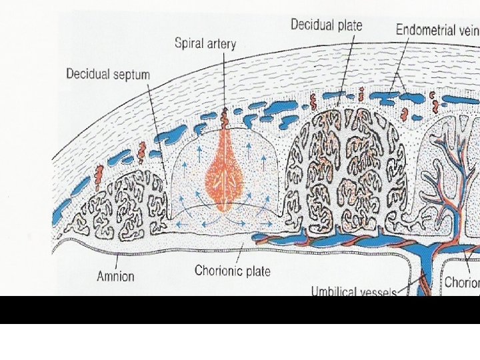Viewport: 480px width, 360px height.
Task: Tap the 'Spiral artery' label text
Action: pyautogui.click(x=205, y=44)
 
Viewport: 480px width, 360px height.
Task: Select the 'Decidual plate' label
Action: pyautogui.click(x=326, y=25)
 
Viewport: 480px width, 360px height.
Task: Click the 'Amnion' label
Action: pyautogui.click(x=115, y=276)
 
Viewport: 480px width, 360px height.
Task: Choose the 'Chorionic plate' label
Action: pyautogui.click(x=232, y=271)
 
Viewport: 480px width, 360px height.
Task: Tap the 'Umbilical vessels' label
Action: pyautogui.click(x=353, y=291)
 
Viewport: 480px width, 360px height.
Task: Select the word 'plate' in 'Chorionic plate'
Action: pyautogui.click(x=258, y=271)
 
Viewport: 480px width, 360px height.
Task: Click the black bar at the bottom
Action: pyautogui.click(x=240, y=309)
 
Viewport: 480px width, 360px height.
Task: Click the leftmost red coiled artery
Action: pyautogui.click(x=98, y=176)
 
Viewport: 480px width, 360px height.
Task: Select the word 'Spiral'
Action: pyautogui.click(x=189, y=44)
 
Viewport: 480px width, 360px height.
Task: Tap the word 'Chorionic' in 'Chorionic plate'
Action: pyautogui.click(x=219, y=271)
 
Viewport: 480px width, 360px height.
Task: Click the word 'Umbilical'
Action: pyautogui.click(x=335, y=291)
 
